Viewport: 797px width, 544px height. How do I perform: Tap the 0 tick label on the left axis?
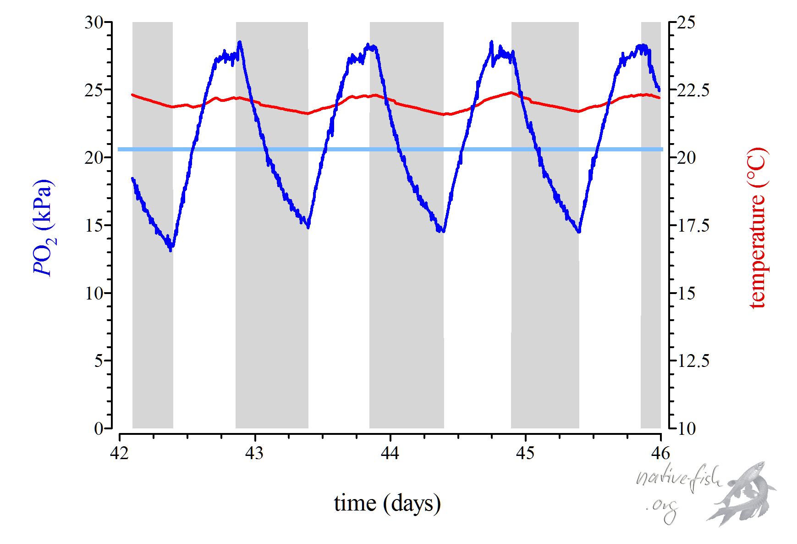99,429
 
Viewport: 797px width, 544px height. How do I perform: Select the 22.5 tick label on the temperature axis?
693,90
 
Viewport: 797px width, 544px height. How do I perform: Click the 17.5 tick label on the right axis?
693,226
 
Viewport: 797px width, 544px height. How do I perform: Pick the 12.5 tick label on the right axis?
693,361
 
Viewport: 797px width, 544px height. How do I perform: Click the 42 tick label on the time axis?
120,453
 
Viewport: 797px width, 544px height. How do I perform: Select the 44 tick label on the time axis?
390,453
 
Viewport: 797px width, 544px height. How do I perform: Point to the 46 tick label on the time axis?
660,453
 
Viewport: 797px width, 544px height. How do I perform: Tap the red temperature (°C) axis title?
757,228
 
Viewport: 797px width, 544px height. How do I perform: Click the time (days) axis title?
387,503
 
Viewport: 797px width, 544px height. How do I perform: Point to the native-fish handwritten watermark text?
678,479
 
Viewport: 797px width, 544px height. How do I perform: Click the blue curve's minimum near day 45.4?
579,232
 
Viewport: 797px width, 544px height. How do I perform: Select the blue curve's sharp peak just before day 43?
240,42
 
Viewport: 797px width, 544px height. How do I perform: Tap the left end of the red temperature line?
132,95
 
